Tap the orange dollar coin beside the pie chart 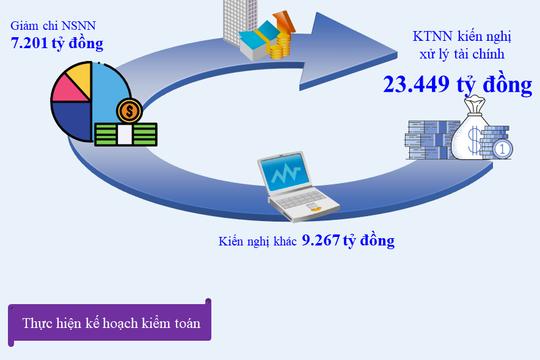(x=129, y=109)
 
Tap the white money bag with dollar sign (x=471, y=139)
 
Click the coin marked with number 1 (x=503, y=150)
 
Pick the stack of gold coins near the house (x=281, y=43)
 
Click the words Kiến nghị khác (x=256, y=242)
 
